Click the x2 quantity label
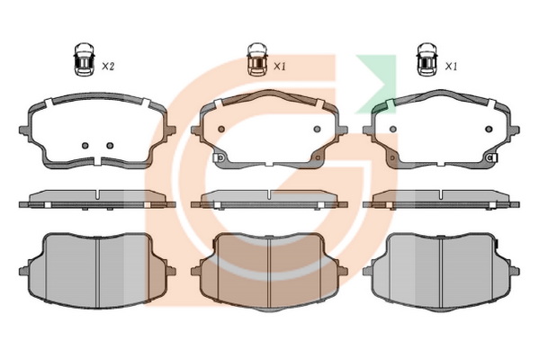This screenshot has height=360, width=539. (108, 67)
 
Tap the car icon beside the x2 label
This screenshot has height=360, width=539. (84, 59)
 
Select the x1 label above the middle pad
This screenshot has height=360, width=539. (280, 67)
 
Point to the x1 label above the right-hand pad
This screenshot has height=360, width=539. (451, 67)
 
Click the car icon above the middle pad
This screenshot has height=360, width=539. (256, 59)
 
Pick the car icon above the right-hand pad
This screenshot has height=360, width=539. (427, 59)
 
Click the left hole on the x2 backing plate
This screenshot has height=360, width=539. (85, 146)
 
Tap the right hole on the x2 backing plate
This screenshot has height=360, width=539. (110, 146)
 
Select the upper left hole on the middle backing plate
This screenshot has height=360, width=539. (221, 129)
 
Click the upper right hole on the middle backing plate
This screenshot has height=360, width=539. (317, 129)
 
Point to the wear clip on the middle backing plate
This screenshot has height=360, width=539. (219, 157)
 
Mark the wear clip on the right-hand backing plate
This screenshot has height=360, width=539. (492, 157)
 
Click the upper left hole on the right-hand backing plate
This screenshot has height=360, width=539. (393, 129)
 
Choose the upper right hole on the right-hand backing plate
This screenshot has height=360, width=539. (489, 129)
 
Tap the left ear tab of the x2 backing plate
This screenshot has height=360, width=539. (23, 130)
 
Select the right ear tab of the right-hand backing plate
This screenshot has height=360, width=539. (515, 130)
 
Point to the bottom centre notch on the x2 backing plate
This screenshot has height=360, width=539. (97, 161)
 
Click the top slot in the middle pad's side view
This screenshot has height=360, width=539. (269, 194)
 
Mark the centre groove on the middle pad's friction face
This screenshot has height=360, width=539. (269, 273)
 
